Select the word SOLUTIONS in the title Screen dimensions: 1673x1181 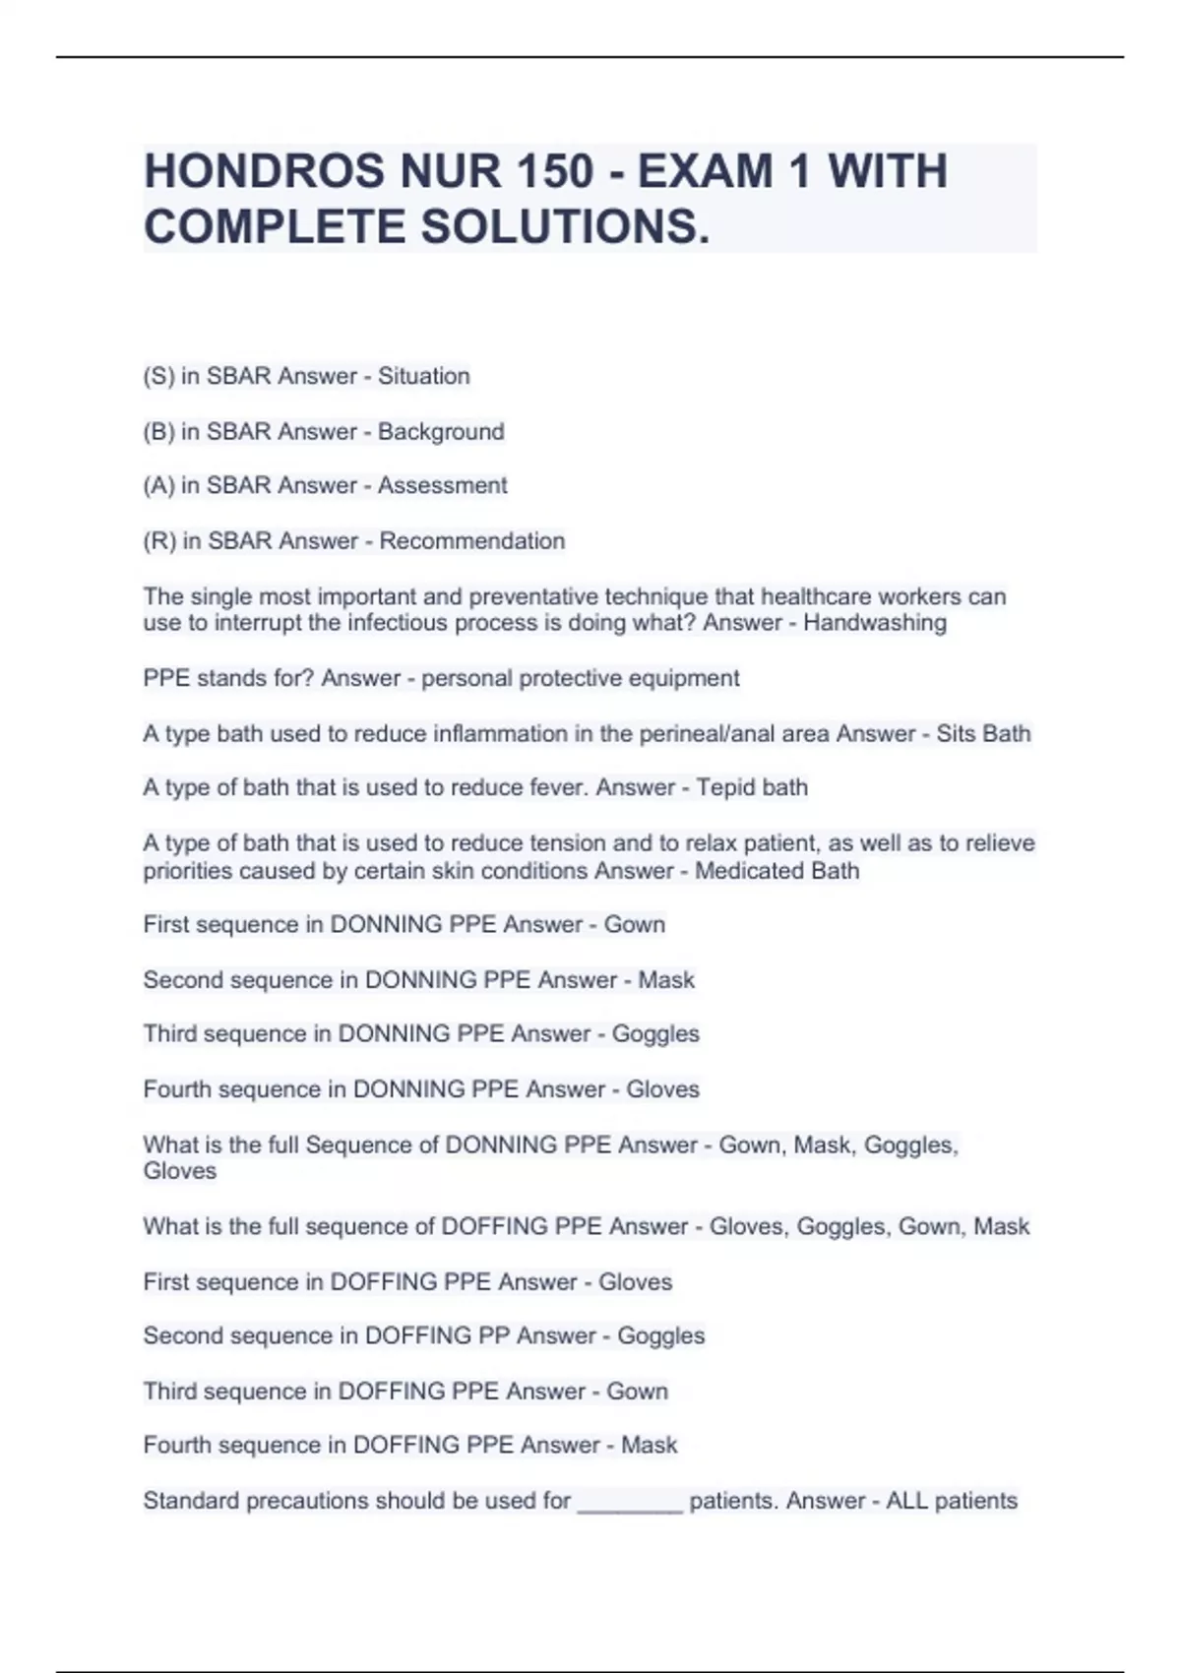[x=564, y=227]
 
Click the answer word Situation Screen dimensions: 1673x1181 [x=424, y=376]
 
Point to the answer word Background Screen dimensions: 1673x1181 [x=441, y=431]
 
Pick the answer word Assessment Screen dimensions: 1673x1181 [x=443, y=485]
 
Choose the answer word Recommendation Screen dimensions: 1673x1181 [x=472, y=540]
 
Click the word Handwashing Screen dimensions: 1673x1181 [x=875, y=623]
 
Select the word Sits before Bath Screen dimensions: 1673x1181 [x=954, y=733]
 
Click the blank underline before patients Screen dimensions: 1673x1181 [x=630, y=1502]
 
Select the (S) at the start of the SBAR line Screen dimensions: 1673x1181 [x=158, y=376]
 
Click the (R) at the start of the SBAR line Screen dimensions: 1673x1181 [x=159, y=540]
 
